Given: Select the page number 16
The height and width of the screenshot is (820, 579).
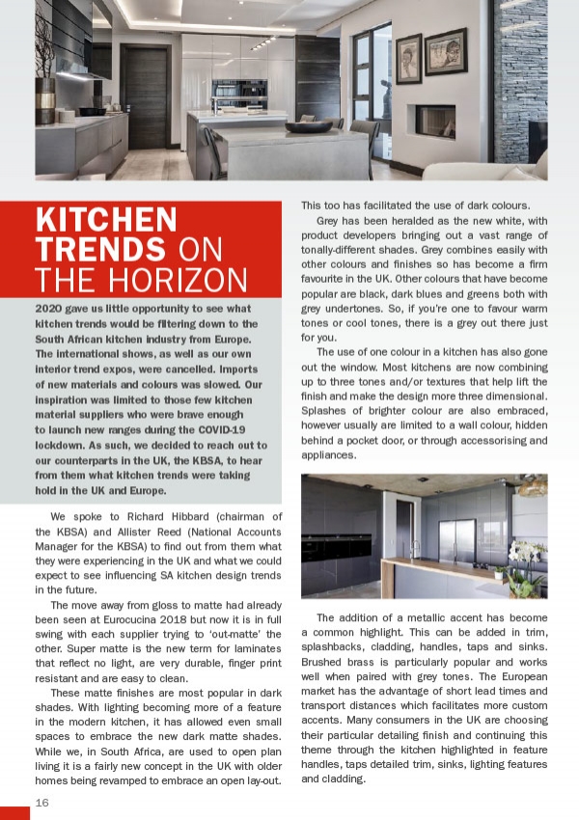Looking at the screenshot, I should (x=42, y=803).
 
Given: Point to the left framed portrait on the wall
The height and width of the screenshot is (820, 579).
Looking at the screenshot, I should (x=409, y=58).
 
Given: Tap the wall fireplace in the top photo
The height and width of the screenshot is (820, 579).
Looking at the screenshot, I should (x=434, y=120).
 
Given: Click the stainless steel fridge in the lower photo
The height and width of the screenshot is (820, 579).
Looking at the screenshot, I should (x=457, y=546).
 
